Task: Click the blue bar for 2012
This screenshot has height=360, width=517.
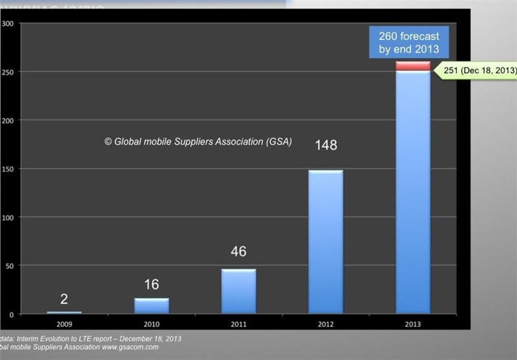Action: pyautogui.click(x=326, y=242)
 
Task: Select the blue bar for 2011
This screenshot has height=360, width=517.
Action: pyautogui.click(x=238, y=291)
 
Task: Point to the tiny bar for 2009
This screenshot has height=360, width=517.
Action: pyautogui.click(x=64, y=313)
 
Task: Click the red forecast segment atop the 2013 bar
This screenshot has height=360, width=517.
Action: pyautogui.click(x=413, y=66)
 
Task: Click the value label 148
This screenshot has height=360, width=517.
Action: pyautogui.click(x=326, y=145)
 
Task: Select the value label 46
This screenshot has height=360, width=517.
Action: pyautogui.click(x=238, y=251)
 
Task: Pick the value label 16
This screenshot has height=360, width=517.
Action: pyautogui.click(x=151, y=285)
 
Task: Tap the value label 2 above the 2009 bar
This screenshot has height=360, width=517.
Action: pyautogui.click(x=64, y=299)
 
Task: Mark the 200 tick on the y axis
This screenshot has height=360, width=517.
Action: pyautogui.click(x=7, y=120)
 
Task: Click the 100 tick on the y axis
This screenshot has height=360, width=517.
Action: pyautogui.click(x=7, y=217)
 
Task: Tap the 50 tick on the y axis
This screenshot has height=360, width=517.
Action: pyautogui.click(x=8, y=266)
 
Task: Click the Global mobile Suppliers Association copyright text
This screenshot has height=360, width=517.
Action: pyautogui.click(x=198, y=141)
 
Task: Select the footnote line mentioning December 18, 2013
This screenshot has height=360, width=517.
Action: pyautogui.click(x=90, y=339)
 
